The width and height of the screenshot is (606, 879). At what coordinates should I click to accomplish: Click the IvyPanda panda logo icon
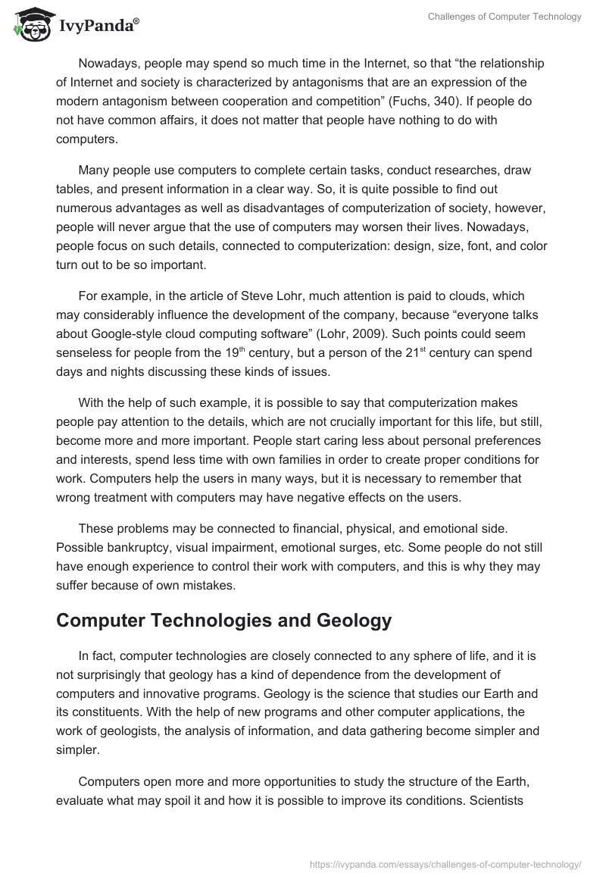[x=29, y=25]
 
